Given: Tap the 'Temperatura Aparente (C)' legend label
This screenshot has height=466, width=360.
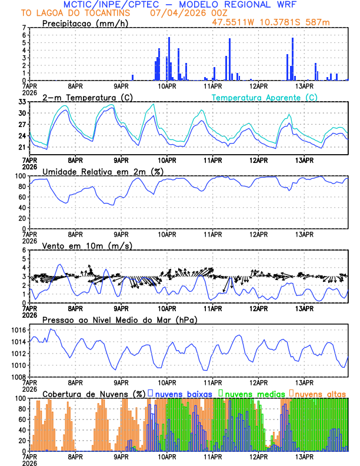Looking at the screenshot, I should click(x=265, y=97).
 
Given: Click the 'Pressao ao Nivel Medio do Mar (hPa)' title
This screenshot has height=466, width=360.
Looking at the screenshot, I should click(x=119, y=319).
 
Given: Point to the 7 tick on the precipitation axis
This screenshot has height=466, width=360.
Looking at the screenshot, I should click(x=24, y=28).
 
